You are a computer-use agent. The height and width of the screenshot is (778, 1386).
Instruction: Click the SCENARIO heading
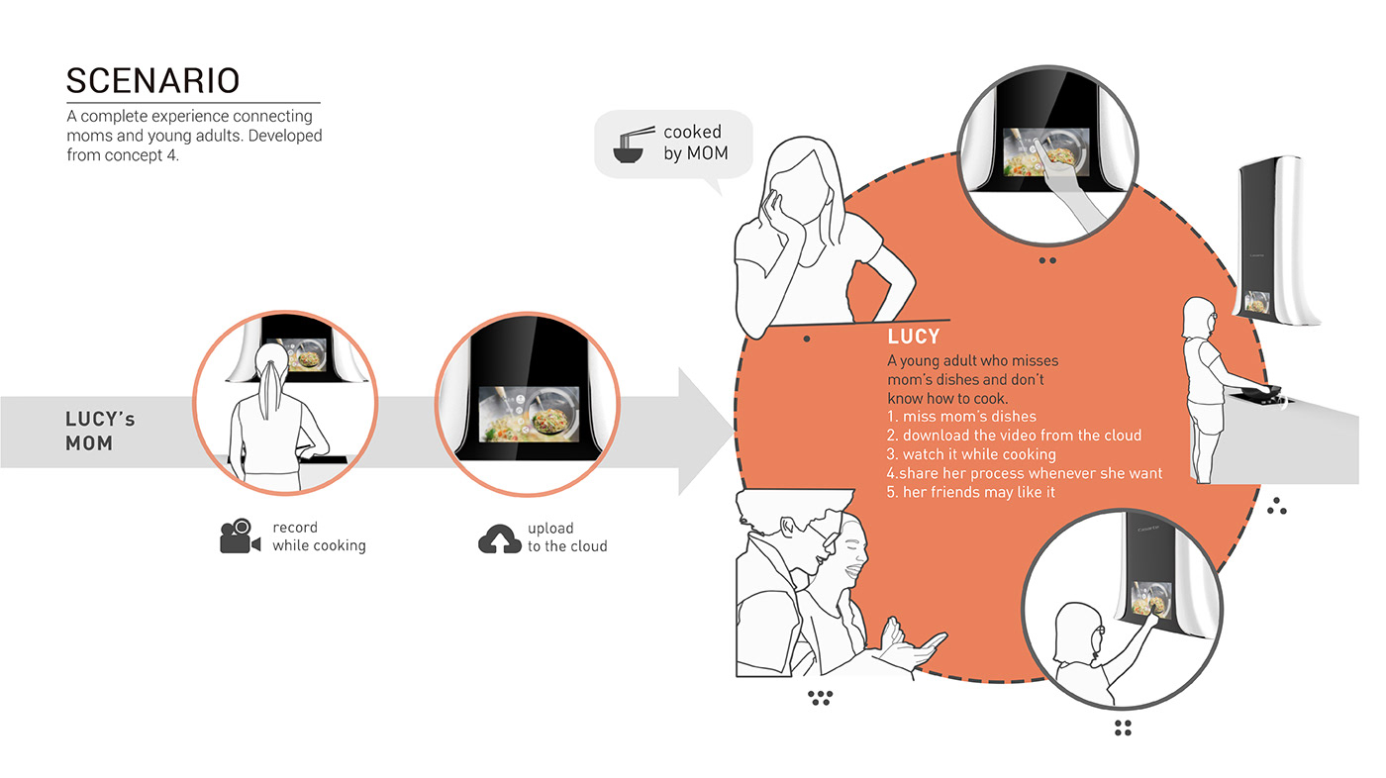click(152, 80)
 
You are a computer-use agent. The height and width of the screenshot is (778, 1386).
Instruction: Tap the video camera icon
click(240, 536)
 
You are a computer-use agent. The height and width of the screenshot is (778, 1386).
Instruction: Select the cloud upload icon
click(500, 537)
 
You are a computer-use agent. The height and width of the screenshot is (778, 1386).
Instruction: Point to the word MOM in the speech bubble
click(707, 153)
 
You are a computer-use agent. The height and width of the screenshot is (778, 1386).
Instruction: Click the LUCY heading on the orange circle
click(914, 338)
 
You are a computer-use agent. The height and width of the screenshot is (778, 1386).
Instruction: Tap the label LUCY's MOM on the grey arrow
click(100, 432)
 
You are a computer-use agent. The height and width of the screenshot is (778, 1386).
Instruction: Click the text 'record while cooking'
click(319, 536)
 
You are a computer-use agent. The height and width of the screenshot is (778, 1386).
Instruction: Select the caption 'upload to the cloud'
click(567, 537)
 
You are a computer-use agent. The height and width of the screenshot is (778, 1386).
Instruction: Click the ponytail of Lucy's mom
click(268, 390)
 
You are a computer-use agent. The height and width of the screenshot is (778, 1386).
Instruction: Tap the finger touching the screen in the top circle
click(1039, 146)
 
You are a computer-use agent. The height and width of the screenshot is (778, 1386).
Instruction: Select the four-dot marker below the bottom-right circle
click(1122, 729)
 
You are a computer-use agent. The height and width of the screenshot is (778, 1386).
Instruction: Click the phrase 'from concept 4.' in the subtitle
click(123, 154)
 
